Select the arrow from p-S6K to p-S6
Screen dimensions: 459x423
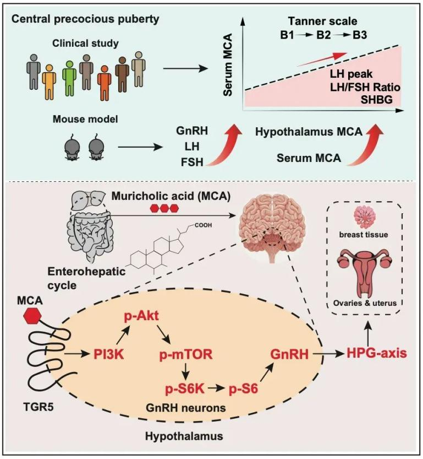[217, 388]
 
